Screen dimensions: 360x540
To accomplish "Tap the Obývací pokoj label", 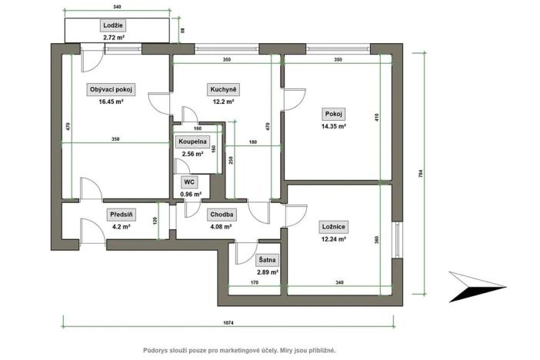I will click(112, 89).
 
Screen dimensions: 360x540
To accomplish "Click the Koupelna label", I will click(192, 142).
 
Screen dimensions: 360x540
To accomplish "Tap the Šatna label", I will click(268, 260).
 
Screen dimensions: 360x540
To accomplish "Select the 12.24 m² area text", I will click(332, 239).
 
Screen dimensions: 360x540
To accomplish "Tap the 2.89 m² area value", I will click(268, 272).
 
